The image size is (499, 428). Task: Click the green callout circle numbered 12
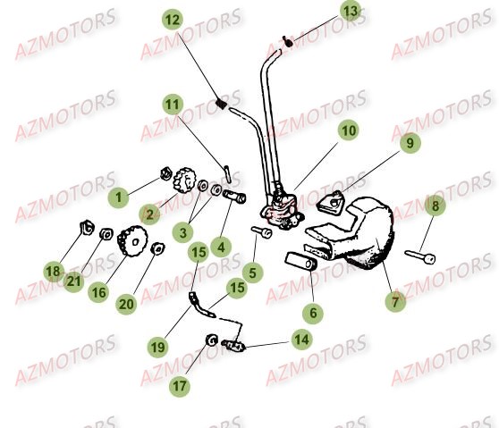172,19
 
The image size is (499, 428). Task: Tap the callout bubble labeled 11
172,104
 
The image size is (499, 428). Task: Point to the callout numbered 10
348,130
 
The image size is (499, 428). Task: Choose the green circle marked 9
410,142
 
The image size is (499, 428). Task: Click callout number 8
436,206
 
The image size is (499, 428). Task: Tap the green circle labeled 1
115,194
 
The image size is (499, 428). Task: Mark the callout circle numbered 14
300,340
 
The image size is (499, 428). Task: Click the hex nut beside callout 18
88,225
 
